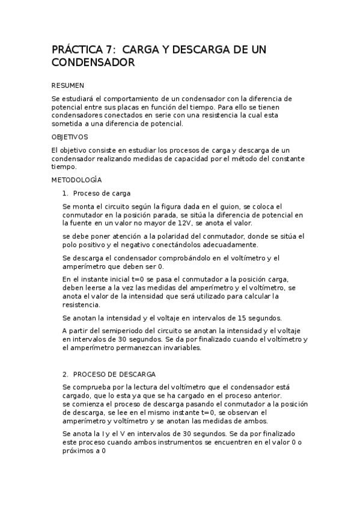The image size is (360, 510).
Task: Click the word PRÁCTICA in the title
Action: [x=75, y=49]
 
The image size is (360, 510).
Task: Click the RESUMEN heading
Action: [x=68, y=85]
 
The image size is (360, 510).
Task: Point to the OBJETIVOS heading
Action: [x=70, y=137]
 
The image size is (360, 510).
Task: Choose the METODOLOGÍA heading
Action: [x=76, y=180]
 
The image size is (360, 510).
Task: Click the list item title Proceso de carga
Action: [x=102, y=193]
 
